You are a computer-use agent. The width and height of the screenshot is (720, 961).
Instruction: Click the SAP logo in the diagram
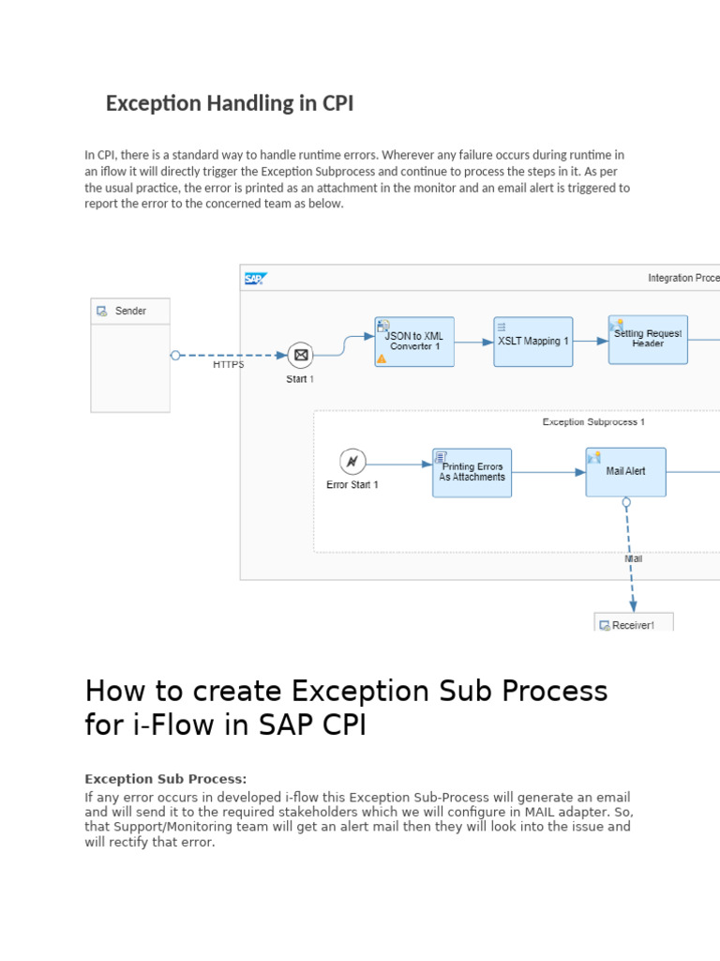point(255,279)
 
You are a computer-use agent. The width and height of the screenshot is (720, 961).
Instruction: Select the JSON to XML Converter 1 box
point(414,342)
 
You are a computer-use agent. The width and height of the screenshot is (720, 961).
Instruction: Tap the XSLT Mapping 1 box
point(533,342)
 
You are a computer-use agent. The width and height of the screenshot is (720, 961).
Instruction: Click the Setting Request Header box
point(648,340)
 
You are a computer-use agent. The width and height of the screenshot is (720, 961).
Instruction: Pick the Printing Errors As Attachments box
point(472,472)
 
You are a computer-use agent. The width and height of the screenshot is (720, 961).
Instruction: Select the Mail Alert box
point(626,472)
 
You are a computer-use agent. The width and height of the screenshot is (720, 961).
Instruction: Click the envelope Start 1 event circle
point(300,355)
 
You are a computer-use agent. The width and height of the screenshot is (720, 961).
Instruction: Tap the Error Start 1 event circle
point(352,461)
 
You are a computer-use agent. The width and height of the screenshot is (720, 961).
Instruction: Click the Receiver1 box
point(634,622)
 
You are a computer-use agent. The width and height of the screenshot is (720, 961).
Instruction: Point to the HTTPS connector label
point(229,365)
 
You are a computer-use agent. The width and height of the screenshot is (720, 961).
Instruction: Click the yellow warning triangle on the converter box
point(382,358)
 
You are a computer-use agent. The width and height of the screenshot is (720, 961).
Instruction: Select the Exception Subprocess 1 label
point(593,422)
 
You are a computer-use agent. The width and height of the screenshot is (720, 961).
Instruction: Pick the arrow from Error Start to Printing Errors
point(399,465)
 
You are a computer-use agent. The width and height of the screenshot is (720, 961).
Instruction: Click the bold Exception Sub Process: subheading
point(166,779)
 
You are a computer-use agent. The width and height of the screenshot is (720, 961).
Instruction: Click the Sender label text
point(130,312)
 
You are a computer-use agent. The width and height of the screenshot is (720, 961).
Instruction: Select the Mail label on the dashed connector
point(634,558)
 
